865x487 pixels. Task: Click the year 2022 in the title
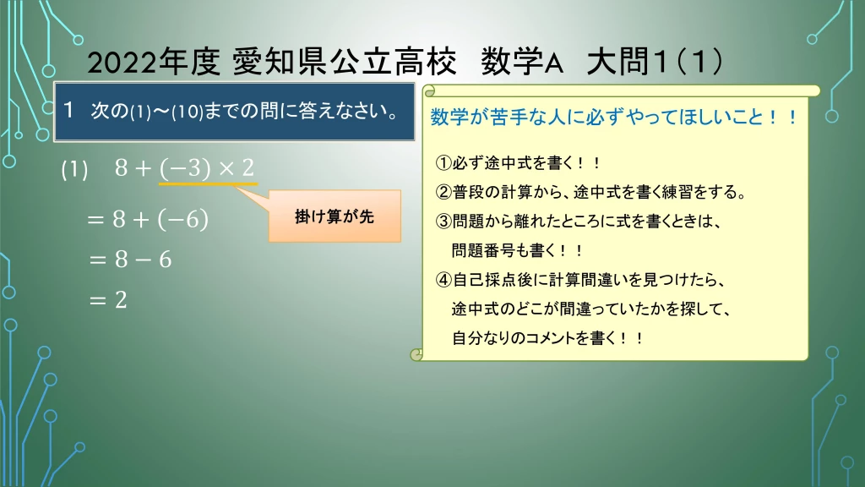pos(122,62)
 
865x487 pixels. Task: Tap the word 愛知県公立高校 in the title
pos(345,61)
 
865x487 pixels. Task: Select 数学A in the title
pos(522,61)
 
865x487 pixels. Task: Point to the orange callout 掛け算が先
pos(335,216)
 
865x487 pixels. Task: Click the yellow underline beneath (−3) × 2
pos(208,183)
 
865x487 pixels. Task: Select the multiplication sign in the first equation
pos(226,168)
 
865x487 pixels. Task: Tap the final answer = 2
pos(107,300)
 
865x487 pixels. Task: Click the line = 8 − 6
pos(129,259)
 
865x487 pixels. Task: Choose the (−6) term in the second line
pos(182,219)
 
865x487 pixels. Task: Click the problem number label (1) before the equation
pos(74,169)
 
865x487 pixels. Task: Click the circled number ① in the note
pos(443,163)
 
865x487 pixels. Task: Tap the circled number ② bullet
pos(443,192)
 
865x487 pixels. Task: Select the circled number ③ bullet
pos(443,222)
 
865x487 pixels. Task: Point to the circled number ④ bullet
pos(443,280)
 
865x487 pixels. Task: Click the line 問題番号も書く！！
pos(517,250)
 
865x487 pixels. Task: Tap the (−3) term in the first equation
pos(185,168)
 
